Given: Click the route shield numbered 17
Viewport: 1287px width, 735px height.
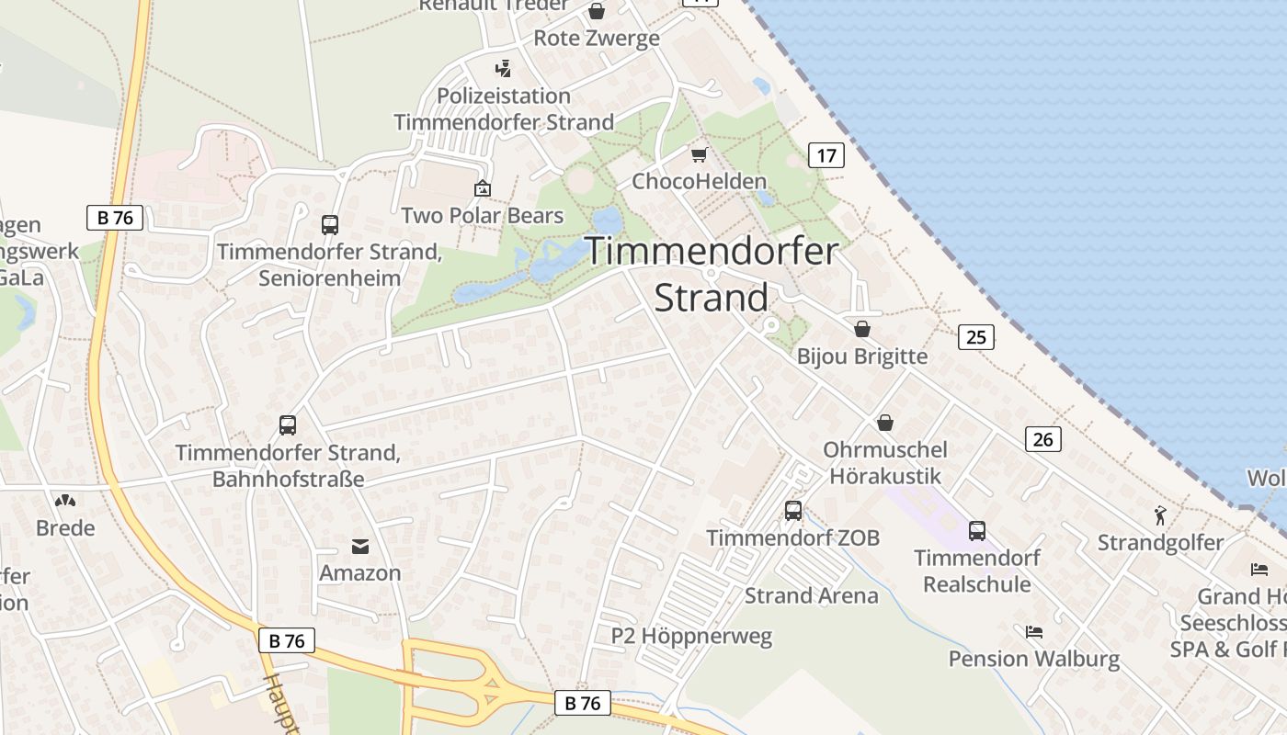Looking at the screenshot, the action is (826, 155).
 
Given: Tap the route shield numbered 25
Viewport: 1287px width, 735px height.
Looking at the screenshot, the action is (975, 337).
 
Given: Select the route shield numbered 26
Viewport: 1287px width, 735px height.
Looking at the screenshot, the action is (1042, 439).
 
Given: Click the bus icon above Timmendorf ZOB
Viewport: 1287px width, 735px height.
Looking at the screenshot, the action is (792, 511).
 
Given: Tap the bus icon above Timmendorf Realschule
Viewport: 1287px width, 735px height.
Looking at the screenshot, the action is (976, 530).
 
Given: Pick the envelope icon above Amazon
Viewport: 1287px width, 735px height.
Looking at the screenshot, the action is (360, 547).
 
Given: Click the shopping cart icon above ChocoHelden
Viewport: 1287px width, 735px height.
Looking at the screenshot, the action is (699, 154).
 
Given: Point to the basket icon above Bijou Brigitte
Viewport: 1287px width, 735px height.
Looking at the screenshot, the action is (862, 329).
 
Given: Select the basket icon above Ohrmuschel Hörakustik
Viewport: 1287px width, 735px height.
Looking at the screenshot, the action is (884, 423).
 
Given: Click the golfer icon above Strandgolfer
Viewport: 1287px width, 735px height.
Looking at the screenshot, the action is (1160, 515).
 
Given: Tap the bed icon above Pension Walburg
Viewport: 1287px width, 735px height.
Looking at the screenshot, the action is (1034, 631).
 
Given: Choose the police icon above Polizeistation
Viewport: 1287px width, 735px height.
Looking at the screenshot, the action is (503, 68).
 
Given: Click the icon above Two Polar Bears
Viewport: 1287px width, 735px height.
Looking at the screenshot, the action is (482, 188).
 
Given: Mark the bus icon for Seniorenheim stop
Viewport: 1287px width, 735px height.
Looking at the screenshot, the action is (329, 224).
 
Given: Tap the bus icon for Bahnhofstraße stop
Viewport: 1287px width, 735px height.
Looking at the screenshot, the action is (288, 424).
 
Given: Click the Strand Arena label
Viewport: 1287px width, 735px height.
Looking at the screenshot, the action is (811, 595).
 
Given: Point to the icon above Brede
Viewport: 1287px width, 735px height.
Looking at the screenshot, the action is (65, 501).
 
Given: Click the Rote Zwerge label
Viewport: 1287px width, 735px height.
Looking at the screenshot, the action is (597, 38).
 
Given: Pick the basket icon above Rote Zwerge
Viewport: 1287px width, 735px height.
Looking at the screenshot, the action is (597, 11).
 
